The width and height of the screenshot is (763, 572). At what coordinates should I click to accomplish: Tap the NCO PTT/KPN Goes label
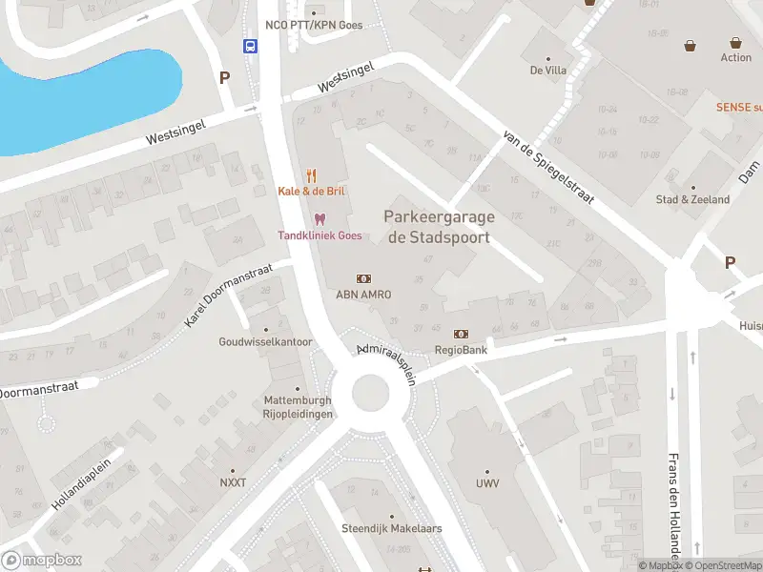pyautogui.click(x=314, y=25)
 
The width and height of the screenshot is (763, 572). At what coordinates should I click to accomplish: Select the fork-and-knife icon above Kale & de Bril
pyautogui.click(x=311, y=175)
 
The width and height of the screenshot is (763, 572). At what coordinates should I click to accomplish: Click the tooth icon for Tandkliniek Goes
pyautogui.click(x=320, y=219)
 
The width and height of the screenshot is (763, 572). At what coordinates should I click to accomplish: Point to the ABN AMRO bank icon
pyautogui.click(x=363, y=278)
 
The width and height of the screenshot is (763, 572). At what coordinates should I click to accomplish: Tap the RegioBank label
pyautogui.click(x=462, y=350)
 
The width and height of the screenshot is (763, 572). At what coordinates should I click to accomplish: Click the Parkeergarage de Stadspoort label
pyautogui.click(x=438, y=227)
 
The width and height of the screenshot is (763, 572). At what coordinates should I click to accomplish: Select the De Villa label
pyautogui.click(x=549, y=70)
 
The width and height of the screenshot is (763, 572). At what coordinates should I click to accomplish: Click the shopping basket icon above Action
pyautogui.click(x=735, y=43)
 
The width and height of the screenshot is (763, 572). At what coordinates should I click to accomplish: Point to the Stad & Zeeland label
pyautogui.click(x=692, y=199)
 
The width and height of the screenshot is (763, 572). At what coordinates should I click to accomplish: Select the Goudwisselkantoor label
pyautogui.click(x=265, y=341)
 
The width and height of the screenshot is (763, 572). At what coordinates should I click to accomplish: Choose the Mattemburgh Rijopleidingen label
pyautogui.click(x=299, y=408)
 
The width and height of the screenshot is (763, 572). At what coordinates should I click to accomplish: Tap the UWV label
pyautogui.click(x=487, y=483)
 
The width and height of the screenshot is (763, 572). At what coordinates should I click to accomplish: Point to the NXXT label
pyautogui.click(x=233, y=482)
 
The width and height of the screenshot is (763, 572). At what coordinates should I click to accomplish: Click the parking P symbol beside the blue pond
pyautogui.click(x=225, y=78)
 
